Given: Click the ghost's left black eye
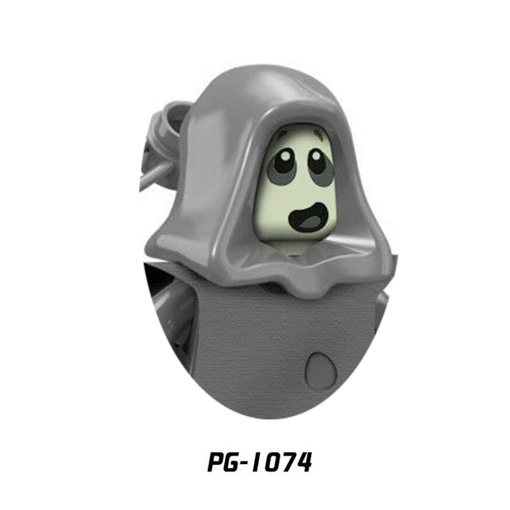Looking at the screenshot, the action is (284, 160).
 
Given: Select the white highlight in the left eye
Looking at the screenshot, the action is (285, 156).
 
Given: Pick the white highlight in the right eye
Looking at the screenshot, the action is (315, 156).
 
